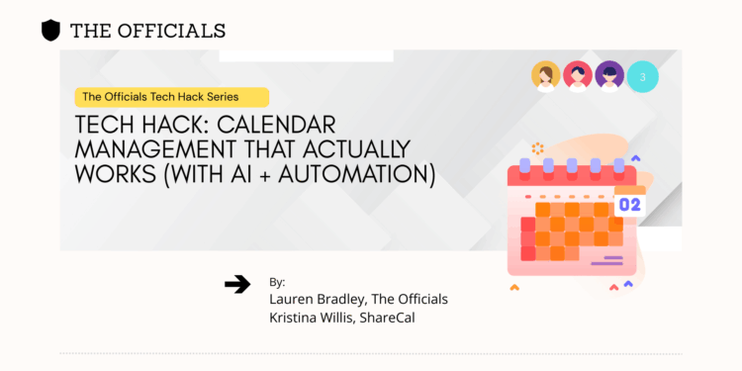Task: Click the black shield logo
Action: (x=50, y=31)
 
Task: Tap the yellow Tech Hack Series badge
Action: (x=173, y=97)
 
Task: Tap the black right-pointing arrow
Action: (x=237, y=285)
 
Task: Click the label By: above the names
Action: (x=277, y=282)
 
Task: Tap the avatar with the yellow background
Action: (x=545, y=76)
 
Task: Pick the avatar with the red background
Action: (x=578, y=76)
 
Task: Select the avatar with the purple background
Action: (x=609, y=76)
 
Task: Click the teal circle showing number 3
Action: (x=643, y=76)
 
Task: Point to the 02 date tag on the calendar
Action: (x=629, y=205)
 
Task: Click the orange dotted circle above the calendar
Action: (x=537, y=148)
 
